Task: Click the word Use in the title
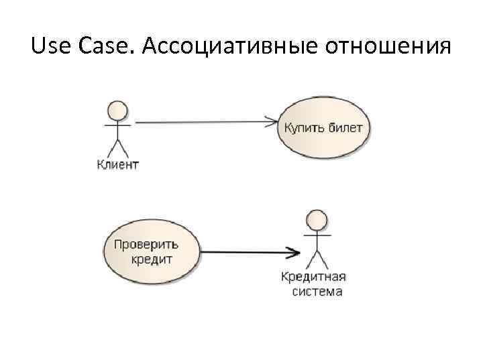[51, 47]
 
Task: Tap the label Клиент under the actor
[118, 164]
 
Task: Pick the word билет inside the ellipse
[345, 127]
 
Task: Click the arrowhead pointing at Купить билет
[273, 123]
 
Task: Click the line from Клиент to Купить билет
[201, 123]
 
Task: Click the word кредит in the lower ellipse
[152, 259]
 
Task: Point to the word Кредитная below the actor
[313, 277]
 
